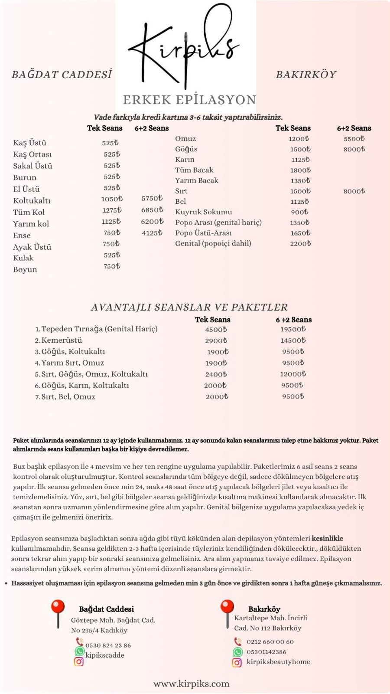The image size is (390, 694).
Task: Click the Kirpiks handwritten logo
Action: pyautogui.click(x=184, y=46)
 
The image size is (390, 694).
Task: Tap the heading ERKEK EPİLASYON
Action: pyautogui.click(x=189, y=100)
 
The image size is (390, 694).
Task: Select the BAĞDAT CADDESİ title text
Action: pyautogui.click(x=62, y=75)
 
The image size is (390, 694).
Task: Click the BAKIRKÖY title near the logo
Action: pyautogui.click(x=306, y=75)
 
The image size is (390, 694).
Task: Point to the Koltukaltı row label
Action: pyautogui.click(x=32, y=200)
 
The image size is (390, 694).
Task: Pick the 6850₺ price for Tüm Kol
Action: pyautogui.click(x=152, y=210)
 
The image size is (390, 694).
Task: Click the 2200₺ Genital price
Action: pyautogui.click(x=300, y=243)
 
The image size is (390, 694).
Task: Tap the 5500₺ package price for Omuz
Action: pyautogui.click(x=354, y=139)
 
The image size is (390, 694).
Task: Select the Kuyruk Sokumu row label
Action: pyautogui.click(x=203, y=212)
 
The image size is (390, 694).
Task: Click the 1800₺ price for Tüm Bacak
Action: pyautogui.click(x=300, y=170)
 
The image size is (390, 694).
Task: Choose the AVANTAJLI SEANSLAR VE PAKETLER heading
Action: pyautogui.click(x=189, y=307)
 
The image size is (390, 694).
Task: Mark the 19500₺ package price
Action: pyautogui.click(x=293, y=329)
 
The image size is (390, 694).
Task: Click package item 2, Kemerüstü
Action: pyautogui.click(x=61, y=340)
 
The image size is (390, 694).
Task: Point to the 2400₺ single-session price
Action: pyautogui.click(x=216, y=374)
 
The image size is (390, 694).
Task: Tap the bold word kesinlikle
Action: pyautogui.click(x=327, y=539)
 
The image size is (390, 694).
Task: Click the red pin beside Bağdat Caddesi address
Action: pyautogui.click(x=58, y=612)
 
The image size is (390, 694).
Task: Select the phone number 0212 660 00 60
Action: pyautogui.click(x=270, y=642)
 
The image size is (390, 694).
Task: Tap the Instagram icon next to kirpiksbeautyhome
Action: pyautogui.click(x=237, y=662)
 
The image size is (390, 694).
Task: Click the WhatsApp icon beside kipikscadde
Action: pyautogui.click(x=79, y=651)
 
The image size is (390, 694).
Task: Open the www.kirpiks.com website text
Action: pyautogui.click(x=191, y=684)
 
